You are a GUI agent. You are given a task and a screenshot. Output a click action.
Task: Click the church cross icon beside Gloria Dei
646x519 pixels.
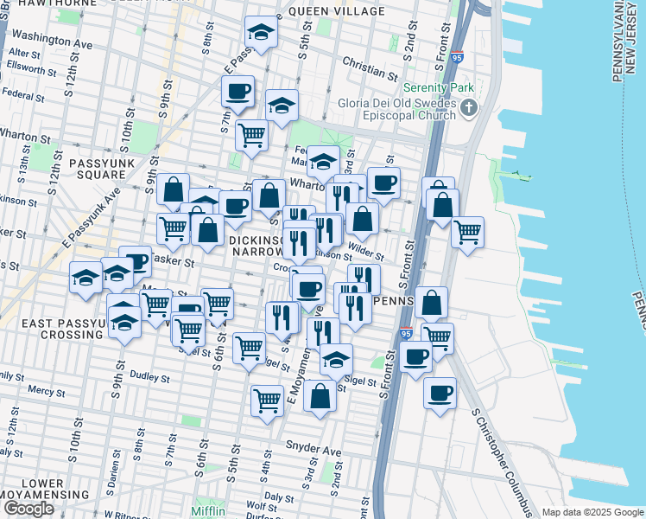click(469, 108)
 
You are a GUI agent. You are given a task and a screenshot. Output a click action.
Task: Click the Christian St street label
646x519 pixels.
click(369, 63)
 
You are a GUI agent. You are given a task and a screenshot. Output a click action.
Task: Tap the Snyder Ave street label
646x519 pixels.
click(313, 452)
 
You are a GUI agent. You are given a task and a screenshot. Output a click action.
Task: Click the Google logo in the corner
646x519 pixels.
click(28, 509)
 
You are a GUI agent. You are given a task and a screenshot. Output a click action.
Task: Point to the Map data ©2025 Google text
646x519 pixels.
click(592, 512)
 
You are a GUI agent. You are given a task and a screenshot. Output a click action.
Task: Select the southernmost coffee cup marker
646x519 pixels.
click(440, 394)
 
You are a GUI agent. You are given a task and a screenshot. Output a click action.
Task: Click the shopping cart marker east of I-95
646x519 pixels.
click(467, 232)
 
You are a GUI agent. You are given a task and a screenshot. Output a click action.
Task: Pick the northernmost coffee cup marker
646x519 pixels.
click(237, 91)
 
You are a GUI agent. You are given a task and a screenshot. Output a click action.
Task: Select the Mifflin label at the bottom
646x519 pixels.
click(208, 511)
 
